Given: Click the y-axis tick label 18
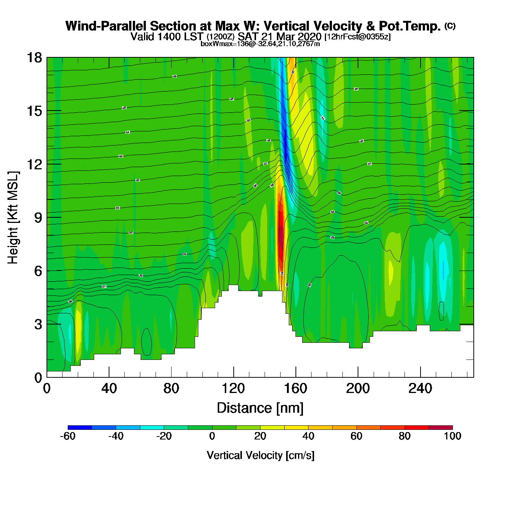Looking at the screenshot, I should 34,58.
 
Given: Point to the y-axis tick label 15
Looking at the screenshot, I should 34,111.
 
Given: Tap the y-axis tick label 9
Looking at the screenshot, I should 38,218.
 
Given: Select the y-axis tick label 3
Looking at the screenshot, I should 38,324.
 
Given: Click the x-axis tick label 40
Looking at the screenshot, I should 109,389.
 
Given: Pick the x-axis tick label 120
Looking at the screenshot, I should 233,389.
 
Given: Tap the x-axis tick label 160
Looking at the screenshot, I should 295,389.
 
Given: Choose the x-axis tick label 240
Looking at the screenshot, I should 420,389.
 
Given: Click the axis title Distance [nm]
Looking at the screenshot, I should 260,408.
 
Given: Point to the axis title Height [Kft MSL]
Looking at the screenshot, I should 13,218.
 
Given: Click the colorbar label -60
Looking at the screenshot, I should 68,436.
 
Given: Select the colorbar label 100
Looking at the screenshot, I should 453,436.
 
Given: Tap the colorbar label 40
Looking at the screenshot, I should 308,436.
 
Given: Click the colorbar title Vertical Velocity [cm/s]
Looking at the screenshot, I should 260,455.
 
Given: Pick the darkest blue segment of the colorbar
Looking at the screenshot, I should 80,427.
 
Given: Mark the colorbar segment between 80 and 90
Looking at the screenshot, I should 416,427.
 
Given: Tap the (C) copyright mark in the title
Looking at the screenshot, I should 450,26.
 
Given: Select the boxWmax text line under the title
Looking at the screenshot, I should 260,44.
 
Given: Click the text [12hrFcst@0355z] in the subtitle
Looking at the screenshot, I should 358,37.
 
